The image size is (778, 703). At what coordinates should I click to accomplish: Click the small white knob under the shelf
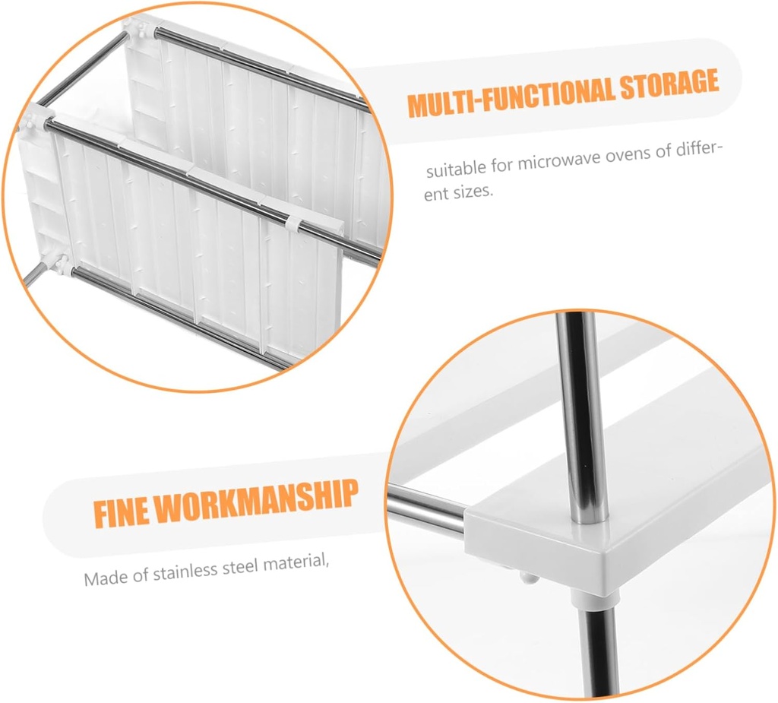tap(528, 577)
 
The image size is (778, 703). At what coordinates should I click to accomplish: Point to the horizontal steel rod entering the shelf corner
tap(426, 506)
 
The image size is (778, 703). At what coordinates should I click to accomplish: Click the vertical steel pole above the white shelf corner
tap(578, 417)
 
